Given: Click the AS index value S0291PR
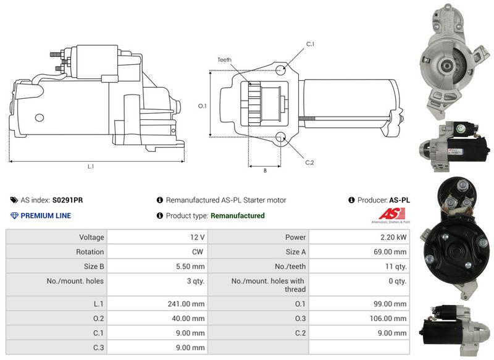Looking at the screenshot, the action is pos(67,200).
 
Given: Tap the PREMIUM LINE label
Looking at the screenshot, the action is pos(46,216).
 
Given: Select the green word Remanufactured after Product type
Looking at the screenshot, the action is pos(238,216).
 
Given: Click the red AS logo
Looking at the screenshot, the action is pos(392,214).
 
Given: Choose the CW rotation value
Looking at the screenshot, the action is pos(198,252).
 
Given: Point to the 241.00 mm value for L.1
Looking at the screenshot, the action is pos(186,304).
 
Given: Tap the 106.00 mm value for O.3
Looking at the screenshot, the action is pos(388,319).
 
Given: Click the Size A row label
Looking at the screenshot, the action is pos(296,252).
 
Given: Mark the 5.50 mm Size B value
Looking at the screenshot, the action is pos(190,267).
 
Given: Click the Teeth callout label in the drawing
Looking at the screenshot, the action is pos(224,59).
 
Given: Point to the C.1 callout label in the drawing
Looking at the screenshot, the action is pos(311,44).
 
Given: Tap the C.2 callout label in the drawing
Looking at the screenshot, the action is pos(310,162).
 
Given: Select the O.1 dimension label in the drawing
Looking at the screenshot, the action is pos(203,106).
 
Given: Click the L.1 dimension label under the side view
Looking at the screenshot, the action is pos(91,167).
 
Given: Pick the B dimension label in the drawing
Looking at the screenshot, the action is pos(265,170).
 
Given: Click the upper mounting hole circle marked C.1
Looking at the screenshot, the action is pos(281,70).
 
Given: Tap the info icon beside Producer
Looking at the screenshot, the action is pos(351,200).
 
